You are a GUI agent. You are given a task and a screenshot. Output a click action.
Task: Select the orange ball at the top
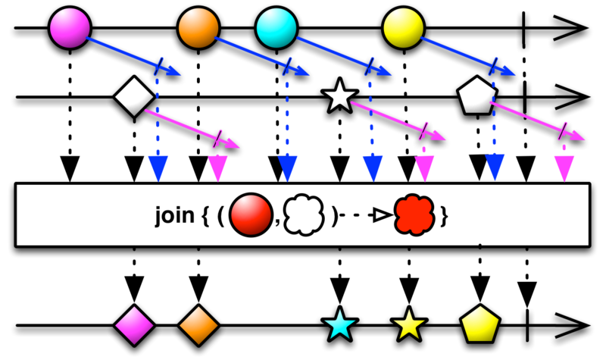click(x=198, y=28)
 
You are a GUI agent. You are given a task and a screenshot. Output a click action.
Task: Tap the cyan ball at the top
click(x=276, y=28)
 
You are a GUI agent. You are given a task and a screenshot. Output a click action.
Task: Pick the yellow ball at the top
click(x=403, y=28)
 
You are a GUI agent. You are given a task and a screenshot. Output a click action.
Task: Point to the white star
click(x=339, y=97)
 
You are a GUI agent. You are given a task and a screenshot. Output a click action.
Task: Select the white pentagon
click(x=477, y=96)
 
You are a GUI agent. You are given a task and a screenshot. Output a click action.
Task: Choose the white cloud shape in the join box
click(x=303, y=216)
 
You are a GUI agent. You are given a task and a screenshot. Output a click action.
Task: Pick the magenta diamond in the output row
click(x=134, y=326)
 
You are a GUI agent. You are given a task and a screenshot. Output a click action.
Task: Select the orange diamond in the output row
click(x=198, y=326)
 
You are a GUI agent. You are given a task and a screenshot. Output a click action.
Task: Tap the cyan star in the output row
click(x=339, y=326)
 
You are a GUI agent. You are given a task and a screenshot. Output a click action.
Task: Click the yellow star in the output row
click(x=409, y=326)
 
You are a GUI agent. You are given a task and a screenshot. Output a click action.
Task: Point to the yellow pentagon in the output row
click(x=480, y=326)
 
